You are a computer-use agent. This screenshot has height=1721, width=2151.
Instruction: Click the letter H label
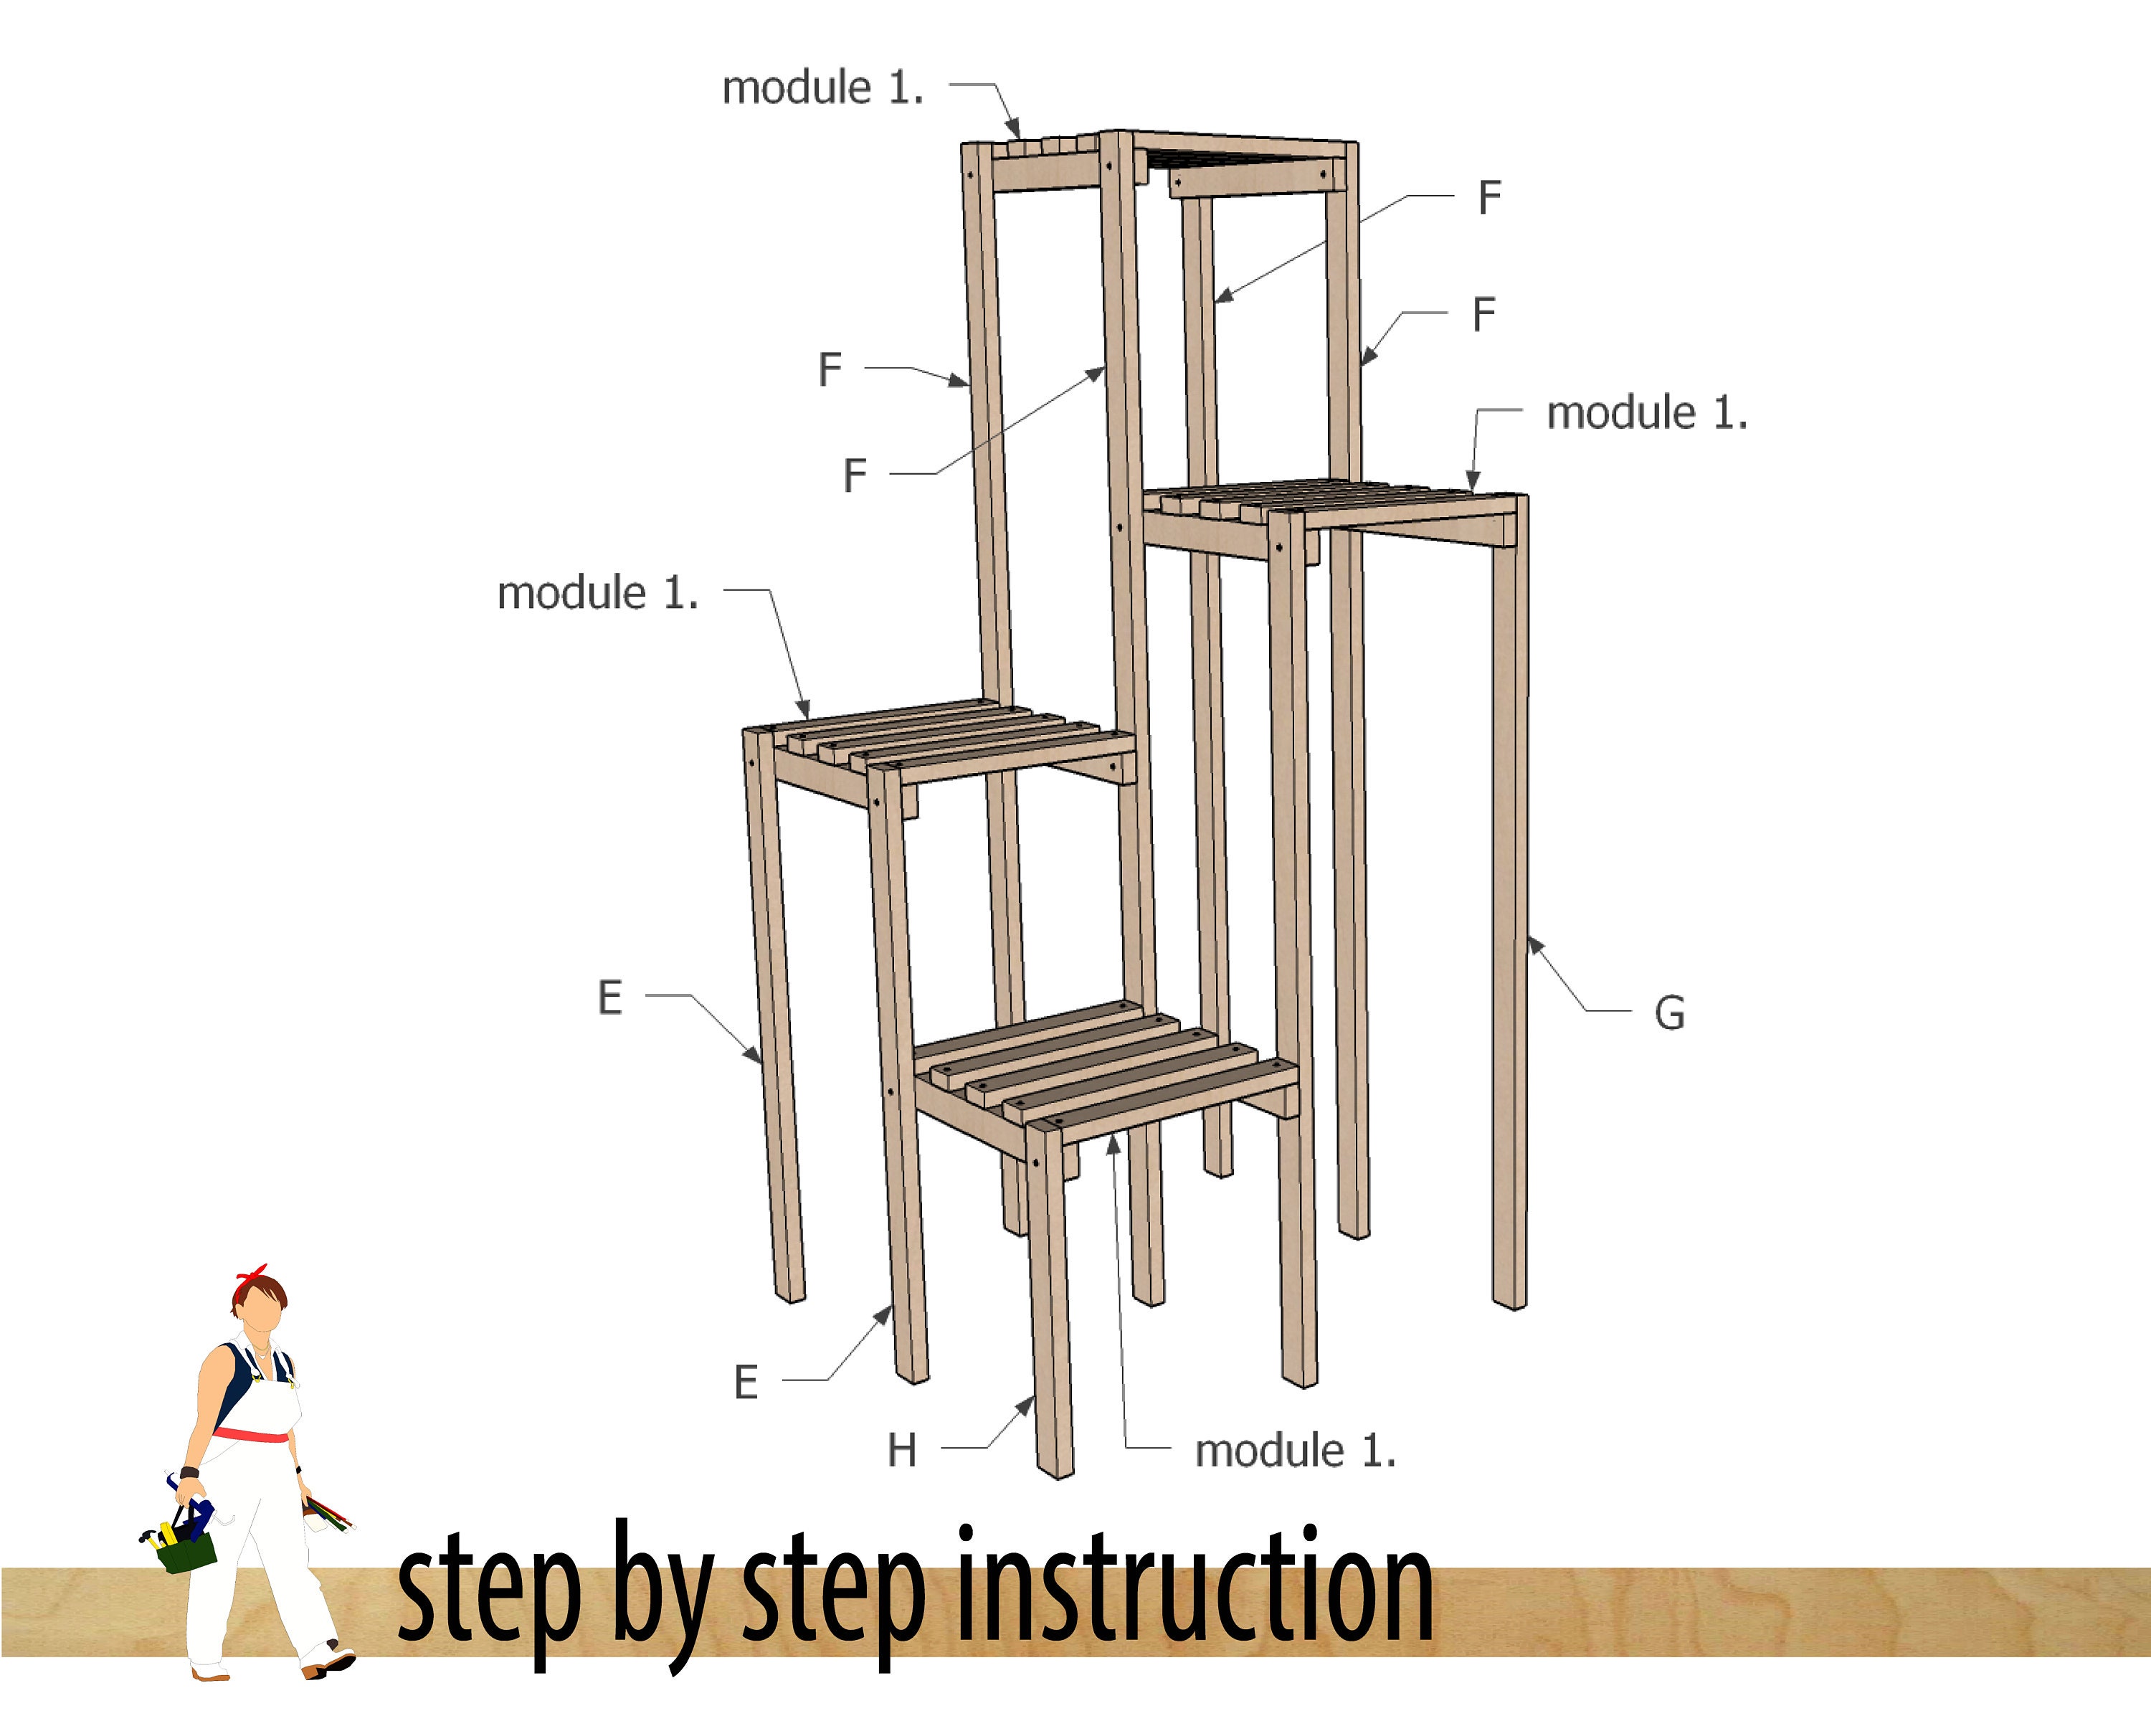point(902,1450)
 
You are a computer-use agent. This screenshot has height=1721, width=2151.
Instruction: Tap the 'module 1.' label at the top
point(823,87)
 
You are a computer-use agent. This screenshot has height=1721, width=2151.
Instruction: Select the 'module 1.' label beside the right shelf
point(1647,412)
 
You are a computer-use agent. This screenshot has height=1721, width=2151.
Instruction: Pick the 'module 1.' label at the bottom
point(1295,1450)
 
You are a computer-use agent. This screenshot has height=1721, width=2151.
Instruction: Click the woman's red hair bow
point(252,1275)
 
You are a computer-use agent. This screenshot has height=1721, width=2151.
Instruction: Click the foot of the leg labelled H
point(1055,1469)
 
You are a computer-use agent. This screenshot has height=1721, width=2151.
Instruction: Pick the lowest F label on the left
point(855,475)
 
